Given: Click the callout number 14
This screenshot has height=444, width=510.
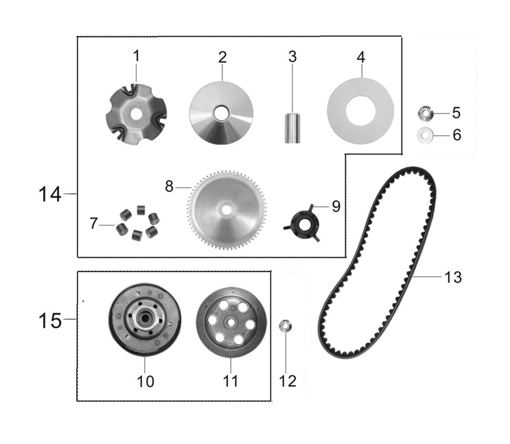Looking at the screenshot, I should [x=50, y=194].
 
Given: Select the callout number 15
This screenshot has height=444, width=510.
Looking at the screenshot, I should [x=50, y=320].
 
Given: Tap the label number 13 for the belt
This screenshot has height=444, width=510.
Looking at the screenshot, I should [x=453, y=277].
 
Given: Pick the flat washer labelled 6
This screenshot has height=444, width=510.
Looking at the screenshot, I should [x=425, y=135].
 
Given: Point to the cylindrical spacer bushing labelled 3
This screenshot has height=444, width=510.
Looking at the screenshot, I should [x=292, y=128].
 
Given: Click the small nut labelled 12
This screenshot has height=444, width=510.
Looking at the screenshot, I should [x=285, y=326].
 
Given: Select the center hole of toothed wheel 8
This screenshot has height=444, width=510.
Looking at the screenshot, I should [x=227, y=210].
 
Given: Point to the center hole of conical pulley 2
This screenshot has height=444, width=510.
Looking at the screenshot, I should [x=220, y=113].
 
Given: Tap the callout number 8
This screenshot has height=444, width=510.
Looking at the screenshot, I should [x=169, y=187].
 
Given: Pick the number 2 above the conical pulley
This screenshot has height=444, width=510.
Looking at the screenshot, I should [x=222, y=57].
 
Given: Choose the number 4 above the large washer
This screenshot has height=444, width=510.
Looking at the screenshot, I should [x=361, y=57].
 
